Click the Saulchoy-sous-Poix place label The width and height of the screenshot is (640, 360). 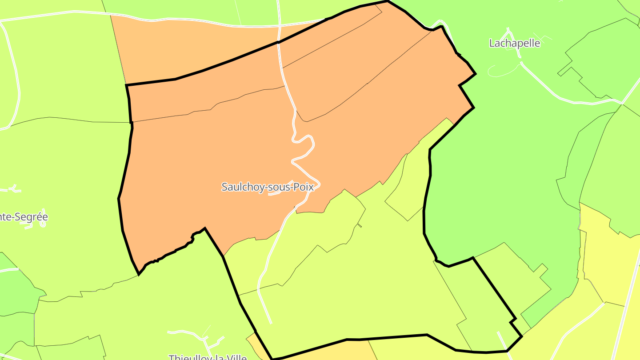[268, 187]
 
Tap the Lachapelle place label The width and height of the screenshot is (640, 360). [514, 43]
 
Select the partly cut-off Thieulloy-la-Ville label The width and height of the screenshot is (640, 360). [208, 356]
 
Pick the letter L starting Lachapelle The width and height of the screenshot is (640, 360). [492, 43]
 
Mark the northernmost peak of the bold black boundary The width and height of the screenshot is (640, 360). [388, 1]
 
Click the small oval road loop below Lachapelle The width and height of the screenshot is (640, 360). [502, 70]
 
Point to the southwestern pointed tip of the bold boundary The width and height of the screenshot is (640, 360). [139, 274]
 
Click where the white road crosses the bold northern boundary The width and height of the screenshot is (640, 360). [279, 42]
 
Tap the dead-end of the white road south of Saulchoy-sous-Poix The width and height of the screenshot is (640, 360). [270, 322]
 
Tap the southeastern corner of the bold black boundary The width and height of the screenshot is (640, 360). [521, 337]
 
